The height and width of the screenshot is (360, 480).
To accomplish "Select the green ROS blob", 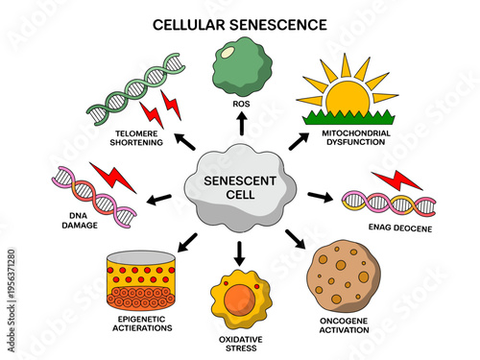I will tap(240, 63).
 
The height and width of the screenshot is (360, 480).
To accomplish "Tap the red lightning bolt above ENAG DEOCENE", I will tap(396, 180).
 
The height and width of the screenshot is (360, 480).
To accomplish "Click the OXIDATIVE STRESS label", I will tap(239, 344).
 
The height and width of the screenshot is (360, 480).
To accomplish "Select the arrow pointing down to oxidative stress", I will tap(240, 252).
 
